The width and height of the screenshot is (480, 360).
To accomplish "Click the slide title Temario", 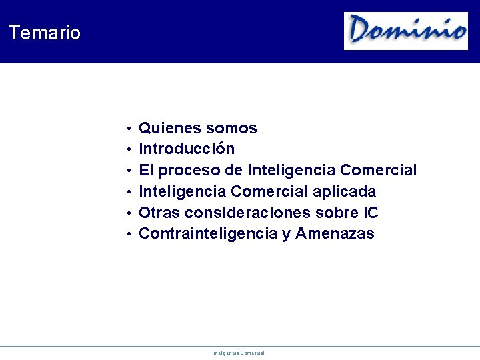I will coord(45,33).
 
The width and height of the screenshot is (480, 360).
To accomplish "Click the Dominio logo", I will coord(406,31).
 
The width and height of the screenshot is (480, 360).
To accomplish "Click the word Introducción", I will coord(187,149).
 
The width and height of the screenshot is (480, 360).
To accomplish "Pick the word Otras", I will coord(159,213).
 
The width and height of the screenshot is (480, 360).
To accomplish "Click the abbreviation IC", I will coord(371,213).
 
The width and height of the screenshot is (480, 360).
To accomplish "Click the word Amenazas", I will coord(335,234).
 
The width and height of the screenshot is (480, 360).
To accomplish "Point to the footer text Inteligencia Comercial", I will coord(238,353).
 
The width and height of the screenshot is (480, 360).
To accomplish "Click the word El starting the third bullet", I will coord(147,171).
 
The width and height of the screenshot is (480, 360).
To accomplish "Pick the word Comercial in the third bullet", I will coord(378,171).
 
